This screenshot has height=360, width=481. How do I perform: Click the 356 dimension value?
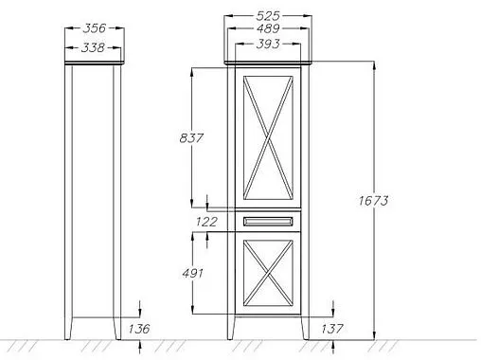(95, 28)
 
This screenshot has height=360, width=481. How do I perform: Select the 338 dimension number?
(93, 48)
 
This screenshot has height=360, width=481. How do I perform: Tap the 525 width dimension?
(268, 15)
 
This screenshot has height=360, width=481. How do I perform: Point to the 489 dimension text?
(268, 28)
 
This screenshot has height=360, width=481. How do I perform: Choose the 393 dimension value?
(268, 44)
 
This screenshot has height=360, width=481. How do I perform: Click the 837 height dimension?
(191, 138)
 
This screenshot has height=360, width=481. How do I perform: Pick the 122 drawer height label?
(206, 222)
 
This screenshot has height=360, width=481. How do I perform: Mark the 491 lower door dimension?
(192, 273)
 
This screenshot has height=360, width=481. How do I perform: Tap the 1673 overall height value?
(373, 201)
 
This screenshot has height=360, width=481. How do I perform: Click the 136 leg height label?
(139, 329)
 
